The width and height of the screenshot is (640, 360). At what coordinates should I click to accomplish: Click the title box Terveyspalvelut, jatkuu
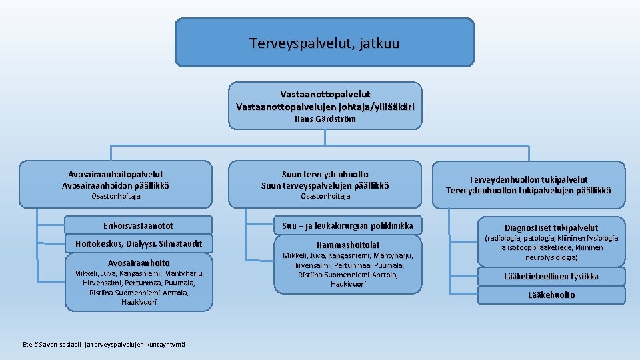pos(325,44)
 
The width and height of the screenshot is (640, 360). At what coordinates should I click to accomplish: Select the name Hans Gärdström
pos(325,119)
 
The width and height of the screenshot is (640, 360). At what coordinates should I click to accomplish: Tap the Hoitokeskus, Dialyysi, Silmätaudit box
pos(139,243)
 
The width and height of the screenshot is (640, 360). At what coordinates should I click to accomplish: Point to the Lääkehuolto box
pos(551,295)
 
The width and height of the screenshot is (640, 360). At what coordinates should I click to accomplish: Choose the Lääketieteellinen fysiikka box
pos(551,276)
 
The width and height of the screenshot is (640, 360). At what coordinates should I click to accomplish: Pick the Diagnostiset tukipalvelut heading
pos(551,227)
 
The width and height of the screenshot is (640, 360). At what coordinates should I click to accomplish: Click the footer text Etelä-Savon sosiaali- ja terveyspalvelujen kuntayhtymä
pos(103,344)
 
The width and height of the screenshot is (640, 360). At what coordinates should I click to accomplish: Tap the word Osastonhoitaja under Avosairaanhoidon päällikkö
pos(115,197)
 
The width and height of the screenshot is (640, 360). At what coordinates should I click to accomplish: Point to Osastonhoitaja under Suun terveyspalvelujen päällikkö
pos(325,197)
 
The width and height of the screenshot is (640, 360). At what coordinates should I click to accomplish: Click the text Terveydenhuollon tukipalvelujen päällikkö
pos(528,191)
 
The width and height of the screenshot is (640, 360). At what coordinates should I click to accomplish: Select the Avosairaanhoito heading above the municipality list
pos(139,263)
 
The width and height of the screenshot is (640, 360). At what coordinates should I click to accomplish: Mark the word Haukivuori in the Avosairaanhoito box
pos(139,302)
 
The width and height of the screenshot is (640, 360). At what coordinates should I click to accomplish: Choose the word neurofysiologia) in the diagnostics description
pos(551,257)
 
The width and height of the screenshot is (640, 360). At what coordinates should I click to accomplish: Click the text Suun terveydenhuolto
pos(325,174)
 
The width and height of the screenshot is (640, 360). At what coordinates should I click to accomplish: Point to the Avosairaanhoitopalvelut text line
pos(115,174)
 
